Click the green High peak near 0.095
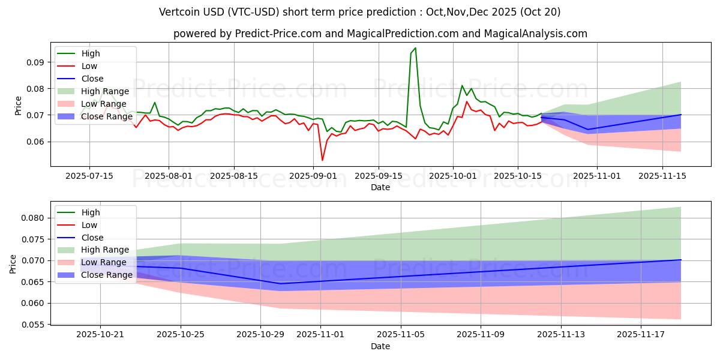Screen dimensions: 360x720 (415, 48)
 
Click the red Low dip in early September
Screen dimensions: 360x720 (322, 160)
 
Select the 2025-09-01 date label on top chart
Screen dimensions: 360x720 (313, 176)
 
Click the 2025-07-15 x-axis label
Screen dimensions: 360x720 (89, 176)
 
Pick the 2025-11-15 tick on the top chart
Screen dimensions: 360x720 (662, 176)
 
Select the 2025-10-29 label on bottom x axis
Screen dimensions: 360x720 (261, 334)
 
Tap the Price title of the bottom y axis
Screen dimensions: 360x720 (13, 263)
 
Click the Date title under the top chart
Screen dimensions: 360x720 (380, 187)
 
